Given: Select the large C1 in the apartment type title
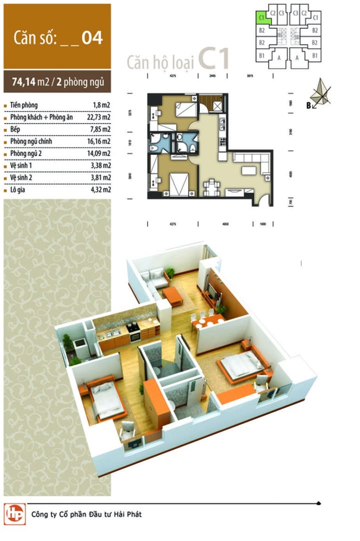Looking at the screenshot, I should click(214, 59).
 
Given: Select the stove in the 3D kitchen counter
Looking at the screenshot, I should click(133, 328).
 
